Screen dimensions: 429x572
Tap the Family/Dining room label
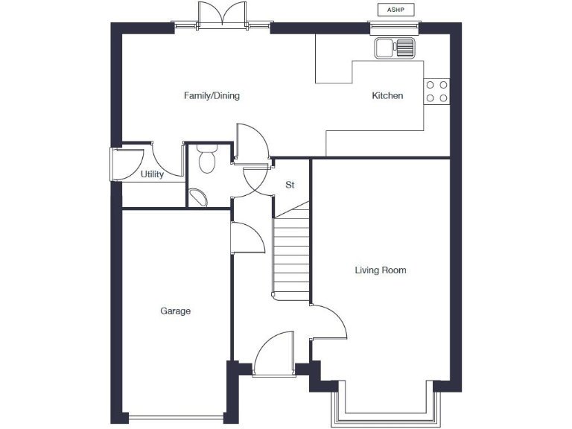point(212,96)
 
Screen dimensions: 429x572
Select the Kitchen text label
point(387,96)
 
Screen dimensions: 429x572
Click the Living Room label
point(380,270)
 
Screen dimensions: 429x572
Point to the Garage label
point(175,311)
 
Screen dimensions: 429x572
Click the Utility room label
point(152,175)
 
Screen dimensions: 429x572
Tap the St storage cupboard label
point(290,185)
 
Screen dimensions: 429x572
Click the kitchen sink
point(395,48)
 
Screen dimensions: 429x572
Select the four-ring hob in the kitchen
point(436,90)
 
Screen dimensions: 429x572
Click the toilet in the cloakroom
point(206,158)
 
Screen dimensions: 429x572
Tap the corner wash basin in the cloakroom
point(198,197)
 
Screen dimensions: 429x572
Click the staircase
point(291,253)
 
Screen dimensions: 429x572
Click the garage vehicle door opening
point(176,417)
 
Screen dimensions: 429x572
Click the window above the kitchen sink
point(395,30)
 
